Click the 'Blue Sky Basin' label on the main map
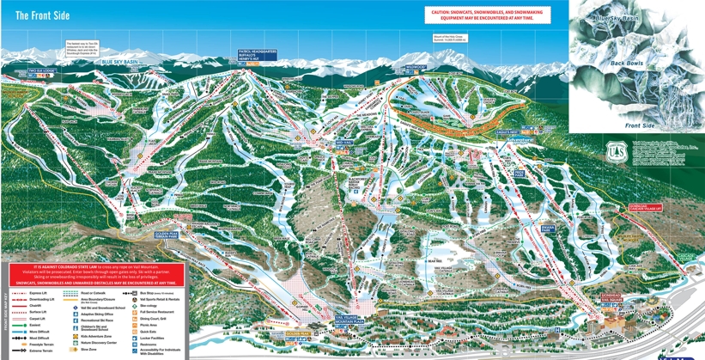(x=119, y=62)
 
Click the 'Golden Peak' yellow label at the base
(x=298, y=330)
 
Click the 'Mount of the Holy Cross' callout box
(x=452, y=40)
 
